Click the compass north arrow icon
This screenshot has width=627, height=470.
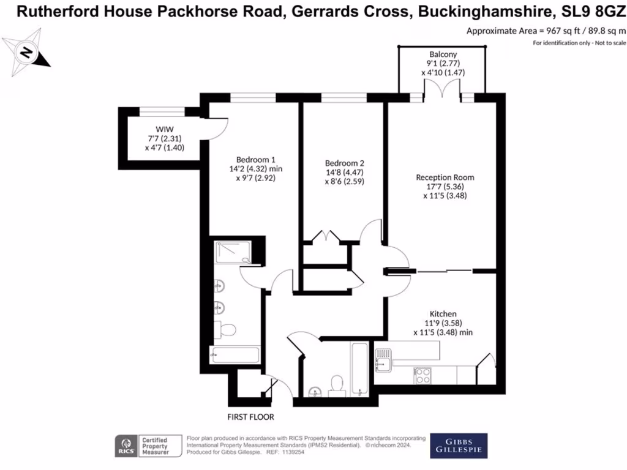tap(26, 53)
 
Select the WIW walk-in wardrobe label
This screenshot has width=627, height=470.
tap(164, 129)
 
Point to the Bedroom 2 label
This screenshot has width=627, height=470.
tap(344, 163)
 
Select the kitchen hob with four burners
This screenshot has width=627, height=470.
tap(422, 375)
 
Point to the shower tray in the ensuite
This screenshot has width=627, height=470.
tap(233, 252)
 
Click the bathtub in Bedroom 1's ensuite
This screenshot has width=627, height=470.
tap(235, 355)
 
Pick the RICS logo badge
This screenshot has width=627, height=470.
tap(127, 446)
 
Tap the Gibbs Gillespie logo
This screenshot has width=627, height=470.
tap(459, 446)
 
